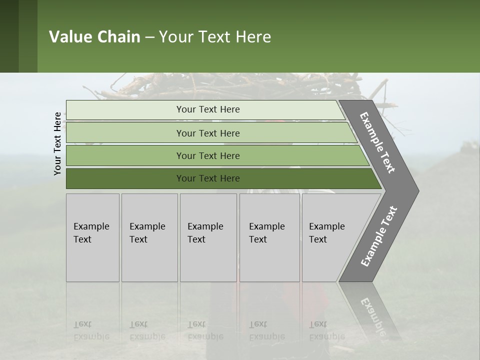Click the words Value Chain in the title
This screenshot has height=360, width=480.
pyautogui.click(x=94, y=37)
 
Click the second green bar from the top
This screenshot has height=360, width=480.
pyautogui.click(x=207, y=133)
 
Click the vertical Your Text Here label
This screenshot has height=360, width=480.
pyautogui.click(x=57, y=143)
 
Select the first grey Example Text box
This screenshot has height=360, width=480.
pyautogui.click(x=92, y=237)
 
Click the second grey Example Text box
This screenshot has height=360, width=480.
pyautogui.click(x=149, y=237)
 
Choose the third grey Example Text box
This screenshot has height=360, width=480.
pyautogui.click(x=208, y=237)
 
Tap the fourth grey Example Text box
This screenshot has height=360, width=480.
pyautogui.click(x=269, y=237)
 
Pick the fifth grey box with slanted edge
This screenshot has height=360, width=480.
pyautogui.click(x=330, y=237)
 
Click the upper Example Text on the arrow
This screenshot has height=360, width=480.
pyautogui.click(x=378, y=142)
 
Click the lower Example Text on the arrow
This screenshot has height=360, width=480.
pyautogui.click(x=378, y=236)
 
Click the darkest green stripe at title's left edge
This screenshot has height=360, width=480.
pyautogui.click(x=9, y=36)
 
